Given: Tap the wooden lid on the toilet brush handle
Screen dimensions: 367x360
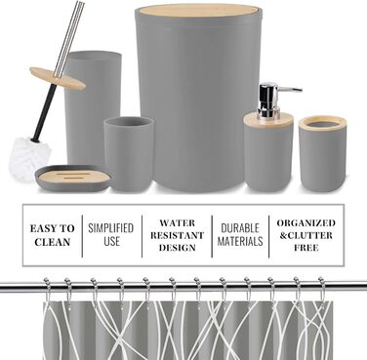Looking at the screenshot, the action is pyautogui.click(x=58, y=78).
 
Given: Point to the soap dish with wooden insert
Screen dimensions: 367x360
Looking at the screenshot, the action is pyautogui.click(x=73, y=179).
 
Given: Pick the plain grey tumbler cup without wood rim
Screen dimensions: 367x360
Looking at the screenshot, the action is pyautogui.click(x=129, y=154).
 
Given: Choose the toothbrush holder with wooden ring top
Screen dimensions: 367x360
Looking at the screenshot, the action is pyautogui.click(x=323, y=154).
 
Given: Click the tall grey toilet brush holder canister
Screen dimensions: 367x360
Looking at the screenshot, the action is pyautogui.click(x=93, y=107).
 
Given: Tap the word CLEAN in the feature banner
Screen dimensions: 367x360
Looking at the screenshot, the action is pyautogui.click(x=53, y=242).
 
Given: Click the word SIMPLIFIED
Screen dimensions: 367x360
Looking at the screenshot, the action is pyautogui.click(x=111, y=228).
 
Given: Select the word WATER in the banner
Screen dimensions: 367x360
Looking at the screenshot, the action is pyautogui.click(x=178, y=223).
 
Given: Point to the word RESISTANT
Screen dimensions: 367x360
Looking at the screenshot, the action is pyautogui.click(x=178, y=235).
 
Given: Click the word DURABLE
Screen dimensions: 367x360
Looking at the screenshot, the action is pyautogui.click(x=240, y=228).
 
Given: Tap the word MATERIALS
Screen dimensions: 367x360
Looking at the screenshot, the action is pyautogui.click(x=240, y=241).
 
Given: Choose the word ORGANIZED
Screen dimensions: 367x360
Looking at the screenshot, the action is pyautogui.click(x=306, y=223).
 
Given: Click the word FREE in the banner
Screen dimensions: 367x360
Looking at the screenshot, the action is pyautogui.click(x=306, y=248).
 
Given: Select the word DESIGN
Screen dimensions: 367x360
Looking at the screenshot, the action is pyautogui.click(x=178, y=248).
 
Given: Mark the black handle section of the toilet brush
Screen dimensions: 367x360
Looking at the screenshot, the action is pyautogui.click(x=43, y=114).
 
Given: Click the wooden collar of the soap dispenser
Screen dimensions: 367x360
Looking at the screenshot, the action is pyautogui.click(x=268, y=120).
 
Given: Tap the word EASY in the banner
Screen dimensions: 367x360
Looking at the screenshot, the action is pyautogui.click(x=43, y=228).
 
